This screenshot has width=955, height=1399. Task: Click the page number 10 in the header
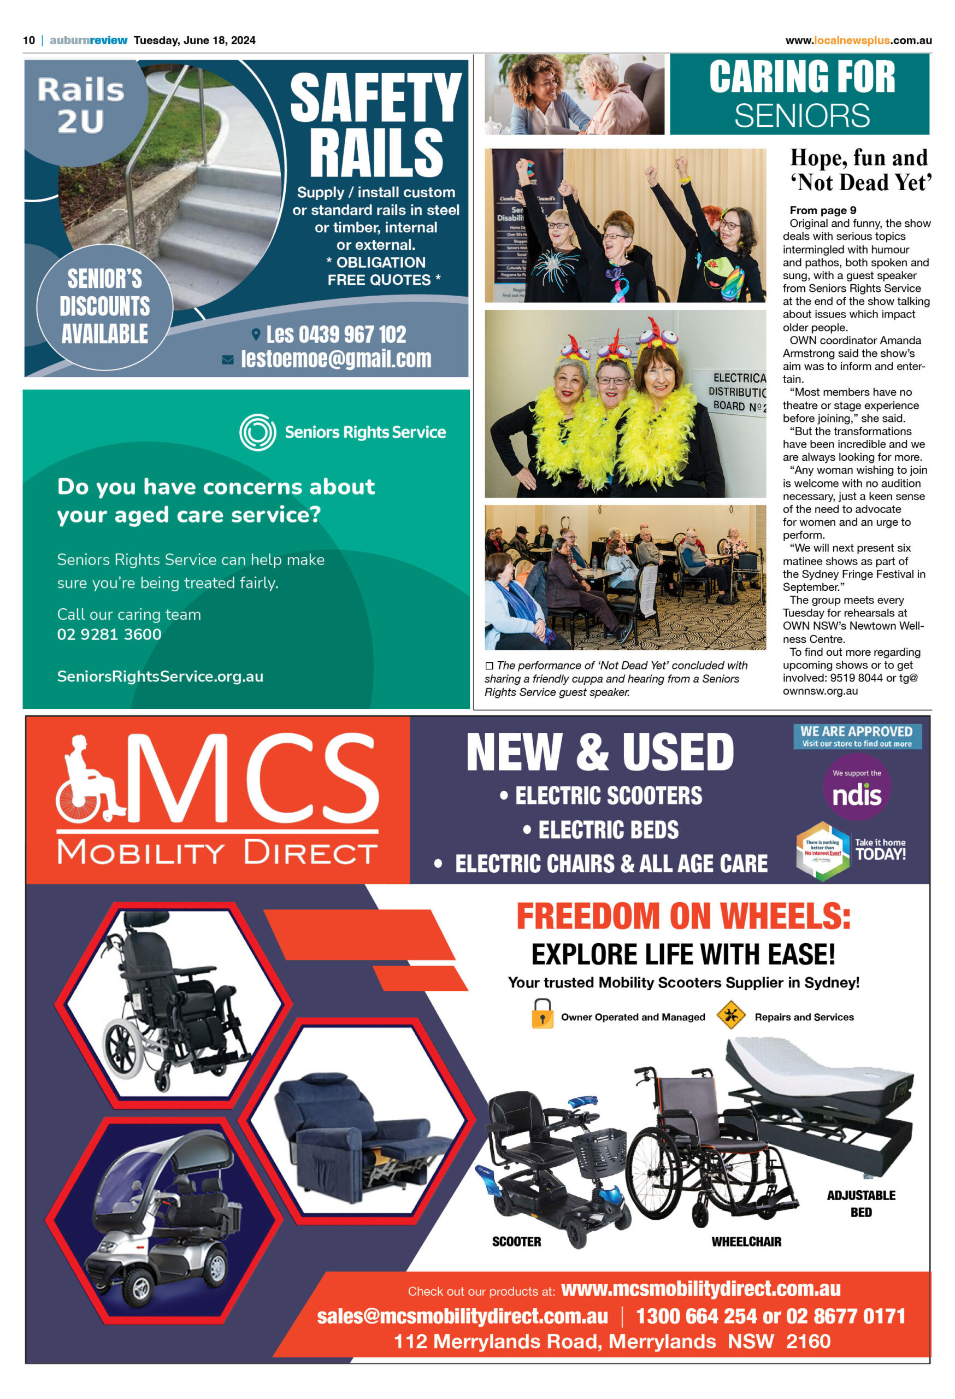point(29,40)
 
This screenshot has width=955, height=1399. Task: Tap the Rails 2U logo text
point(81,105)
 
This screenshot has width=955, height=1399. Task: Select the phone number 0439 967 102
point(336,334)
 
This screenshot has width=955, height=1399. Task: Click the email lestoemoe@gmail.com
point(336,359)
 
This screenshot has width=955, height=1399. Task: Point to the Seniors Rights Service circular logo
point(257,432)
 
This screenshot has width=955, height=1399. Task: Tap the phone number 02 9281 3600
point(109,634)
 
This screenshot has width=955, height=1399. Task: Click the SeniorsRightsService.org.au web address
point(160,677)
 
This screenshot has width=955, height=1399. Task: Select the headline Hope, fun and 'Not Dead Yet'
point(860,170)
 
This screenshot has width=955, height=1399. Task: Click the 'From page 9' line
point(823,210)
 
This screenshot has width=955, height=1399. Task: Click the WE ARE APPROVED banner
point(856,736)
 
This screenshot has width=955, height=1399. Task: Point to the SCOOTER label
point(516,1241)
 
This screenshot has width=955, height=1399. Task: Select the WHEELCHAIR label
point(746,1241)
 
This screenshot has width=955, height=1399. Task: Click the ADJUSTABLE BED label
point(860,1203)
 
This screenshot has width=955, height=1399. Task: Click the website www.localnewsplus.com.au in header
point(858,40)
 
